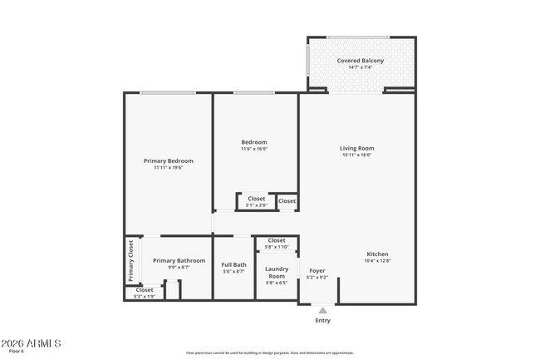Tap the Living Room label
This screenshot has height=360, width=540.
point(356,148)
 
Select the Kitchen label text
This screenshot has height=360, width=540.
point(377,254)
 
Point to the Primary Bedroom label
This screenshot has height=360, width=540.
point(168,160)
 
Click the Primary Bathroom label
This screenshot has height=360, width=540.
point(179,260)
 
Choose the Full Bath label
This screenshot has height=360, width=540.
point(233,264)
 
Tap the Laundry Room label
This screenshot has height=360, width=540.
point(277,272)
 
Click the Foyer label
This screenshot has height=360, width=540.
point(317,270)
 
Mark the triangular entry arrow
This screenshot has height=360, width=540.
point(322,309)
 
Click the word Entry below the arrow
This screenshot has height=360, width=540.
point(322,320)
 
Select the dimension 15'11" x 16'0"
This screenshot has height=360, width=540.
point(356,155)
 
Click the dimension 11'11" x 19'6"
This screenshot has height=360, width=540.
point(168,167)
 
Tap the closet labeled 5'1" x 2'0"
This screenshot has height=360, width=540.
point(256,205)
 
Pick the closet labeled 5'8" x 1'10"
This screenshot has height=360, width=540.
point(276,247)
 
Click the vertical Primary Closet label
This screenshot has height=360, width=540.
point(130,259)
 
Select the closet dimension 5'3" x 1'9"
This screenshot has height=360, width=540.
point(145,296)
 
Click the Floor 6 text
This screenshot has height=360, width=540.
point(17,352)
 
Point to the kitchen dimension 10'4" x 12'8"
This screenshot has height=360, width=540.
point(377,261)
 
